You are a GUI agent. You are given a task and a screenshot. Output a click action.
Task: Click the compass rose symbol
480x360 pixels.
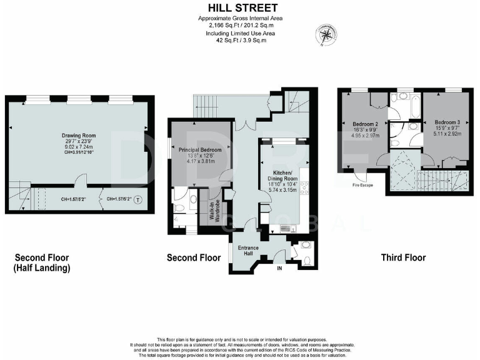tap(327, 34)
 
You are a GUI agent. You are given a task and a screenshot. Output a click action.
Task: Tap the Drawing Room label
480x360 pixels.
tap(77, 135)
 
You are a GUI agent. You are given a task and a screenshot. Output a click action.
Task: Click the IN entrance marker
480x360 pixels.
tap(281, 269)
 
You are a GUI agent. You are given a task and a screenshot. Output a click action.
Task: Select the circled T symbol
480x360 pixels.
tap(138, 200)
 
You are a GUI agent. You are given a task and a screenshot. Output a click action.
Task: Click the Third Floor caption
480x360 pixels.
tap(403, 257)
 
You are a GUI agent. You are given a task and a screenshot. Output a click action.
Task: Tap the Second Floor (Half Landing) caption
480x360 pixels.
tap(42, 262)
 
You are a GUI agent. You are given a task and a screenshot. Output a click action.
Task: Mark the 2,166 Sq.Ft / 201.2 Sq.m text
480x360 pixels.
tap(241, 26)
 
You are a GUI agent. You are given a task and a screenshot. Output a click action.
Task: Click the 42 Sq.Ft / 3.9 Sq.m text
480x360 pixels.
tap(241, 41)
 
